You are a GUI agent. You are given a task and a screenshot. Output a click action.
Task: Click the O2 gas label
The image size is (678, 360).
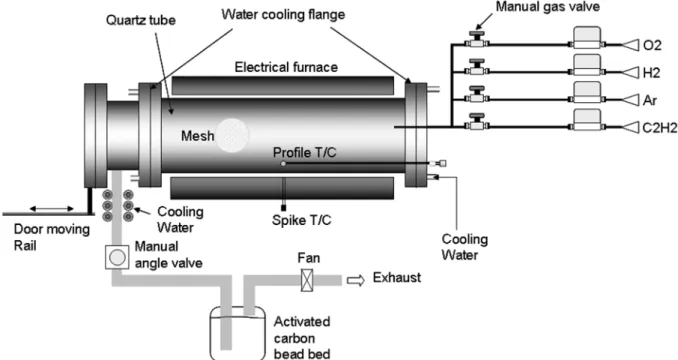pyautogui.click(x=652, y=45)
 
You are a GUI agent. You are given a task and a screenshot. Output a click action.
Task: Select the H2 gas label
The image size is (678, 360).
pyautogui.click(x=652, y=73)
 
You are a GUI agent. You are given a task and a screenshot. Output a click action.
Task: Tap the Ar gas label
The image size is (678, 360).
pyautogui.click(x=650, y=100)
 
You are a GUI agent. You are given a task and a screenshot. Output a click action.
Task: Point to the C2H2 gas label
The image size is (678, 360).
pyautogui.click(x=660, y=128)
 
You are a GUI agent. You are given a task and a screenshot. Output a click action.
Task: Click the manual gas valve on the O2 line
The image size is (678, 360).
pyautogui.click(x=477, y=40)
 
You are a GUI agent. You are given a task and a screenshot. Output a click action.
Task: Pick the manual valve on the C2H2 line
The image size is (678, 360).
pyautogui.click(x=477, y=122)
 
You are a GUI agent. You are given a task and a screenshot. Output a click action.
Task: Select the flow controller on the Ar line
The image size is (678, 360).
pyautogui.click(x=587, y=92)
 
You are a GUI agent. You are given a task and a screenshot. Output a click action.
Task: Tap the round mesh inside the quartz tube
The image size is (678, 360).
pyautogui.click(x=233, y=135)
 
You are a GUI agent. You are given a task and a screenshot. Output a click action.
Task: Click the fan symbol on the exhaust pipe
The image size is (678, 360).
pyautogui.click(x=307, y=280)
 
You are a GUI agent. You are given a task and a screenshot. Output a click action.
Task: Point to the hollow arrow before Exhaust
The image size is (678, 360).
pyautogui.click(x=356, y=280)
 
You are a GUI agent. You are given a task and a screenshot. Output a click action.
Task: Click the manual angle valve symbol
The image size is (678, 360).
pyautogui.click(x=117, y=257)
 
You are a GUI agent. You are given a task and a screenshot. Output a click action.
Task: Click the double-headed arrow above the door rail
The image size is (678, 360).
pyautogui.click(x=52, y=209)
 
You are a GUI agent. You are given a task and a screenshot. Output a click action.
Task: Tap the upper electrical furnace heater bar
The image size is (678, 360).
pyautogui.click(x=283, y=86)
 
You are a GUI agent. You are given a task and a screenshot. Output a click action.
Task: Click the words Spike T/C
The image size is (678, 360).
pyautogui.click(x=302, y=220)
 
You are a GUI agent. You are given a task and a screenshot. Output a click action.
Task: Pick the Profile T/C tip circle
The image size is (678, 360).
pyautogui.click(x=283, y=163)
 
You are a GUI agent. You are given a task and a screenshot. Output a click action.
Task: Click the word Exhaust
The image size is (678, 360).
pyautogui.click(x=397, y=277)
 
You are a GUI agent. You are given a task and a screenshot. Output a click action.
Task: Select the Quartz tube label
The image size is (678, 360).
pyautogui.click(x=141, y=20)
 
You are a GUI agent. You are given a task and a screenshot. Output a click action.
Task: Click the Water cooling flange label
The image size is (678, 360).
pyautogui.click(x=283, y=14)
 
